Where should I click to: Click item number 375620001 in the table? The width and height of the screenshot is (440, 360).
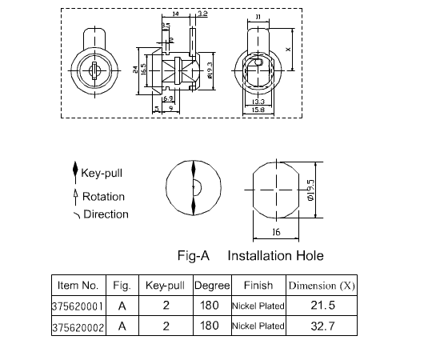(x=78, y=306)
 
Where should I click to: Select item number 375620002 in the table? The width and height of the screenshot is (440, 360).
(x=78, y=327)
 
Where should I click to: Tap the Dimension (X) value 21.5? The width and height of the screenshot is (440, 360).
(x=322, y=305)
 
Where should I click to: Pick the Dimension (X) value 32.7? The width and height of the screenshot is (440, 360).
(x=322, y=326)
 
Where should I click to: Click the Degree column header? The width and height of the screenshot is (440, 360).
(x=212, y=286)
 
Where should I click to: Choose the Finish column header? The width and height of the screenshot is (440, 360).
(x=258, y=285)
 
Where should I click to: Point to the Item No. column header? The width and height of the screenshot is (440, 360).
(x=78, y=285)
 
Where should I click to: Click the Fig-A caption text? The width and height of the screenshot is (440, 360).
(x=194, y=255)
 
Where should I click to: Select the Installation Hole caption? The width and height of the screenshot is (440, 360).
(x=275, y=255)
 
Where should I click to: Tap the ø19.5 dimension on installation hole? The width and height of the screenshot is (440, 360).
(x=311, y=190)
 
